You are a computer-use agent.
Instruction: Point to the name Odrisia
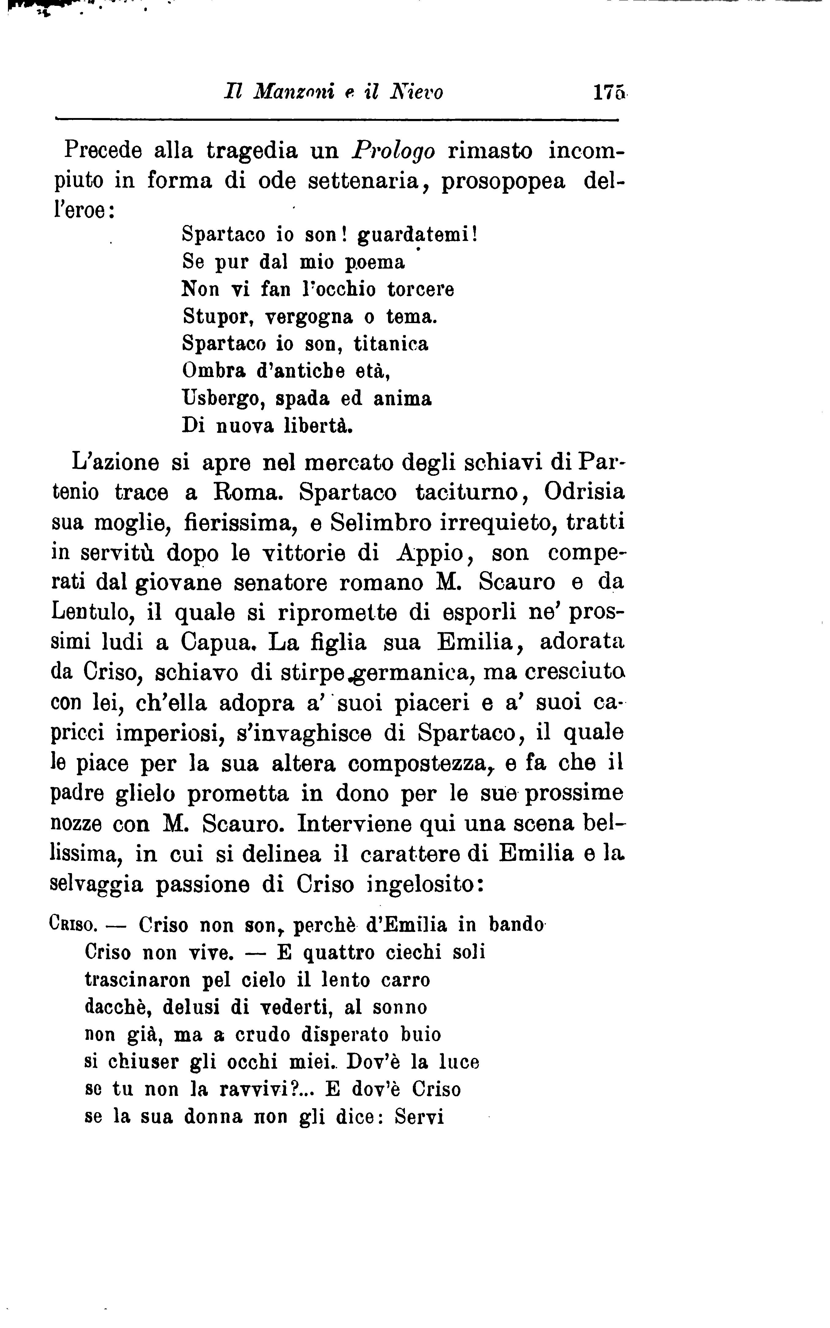tap(584, 492)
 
